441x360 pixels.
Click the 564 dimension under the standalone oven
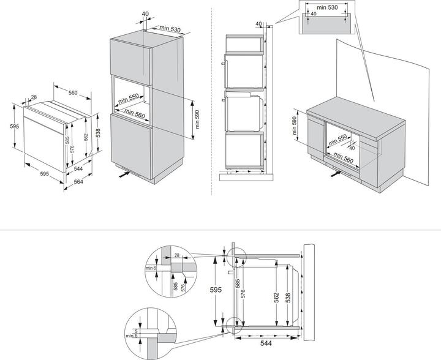point(78,182)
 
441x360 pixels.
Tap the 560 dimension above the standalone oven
point(73,92)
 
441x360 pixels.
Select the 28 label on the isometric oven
point(34,97)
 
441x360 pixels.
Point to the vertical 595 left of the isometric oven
point(14,127)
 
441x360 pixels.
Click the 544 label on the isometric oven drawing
point(78,168)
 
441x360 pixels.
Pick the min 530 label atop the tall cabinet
point(170,29)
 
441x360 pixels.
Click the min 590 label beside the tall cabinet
point(197,119)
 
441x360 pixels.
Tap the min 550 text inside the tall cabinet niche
point(128,98)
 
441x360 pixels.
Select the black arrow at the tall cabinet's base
point(124,174)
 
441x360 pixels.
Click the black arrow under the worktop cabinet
point(336,174)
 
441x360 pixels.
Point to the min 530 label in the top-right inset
point(327,7)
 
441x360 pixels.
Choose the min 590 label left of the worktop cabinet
point(295,126)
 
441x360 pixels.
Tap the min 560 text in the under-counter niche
point(343,158)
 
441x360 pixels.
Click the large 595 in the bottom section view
point(216,290)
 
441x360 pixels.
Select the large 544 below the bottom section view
point(266,343)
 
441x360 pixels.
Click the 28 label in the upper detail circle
point(177,255)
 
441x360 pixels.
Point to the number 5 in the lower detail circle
point(136,331)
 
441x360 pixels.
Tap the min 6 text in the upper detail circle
point(151,268)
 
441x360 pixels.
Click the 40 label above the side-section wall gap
point(258,24)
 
